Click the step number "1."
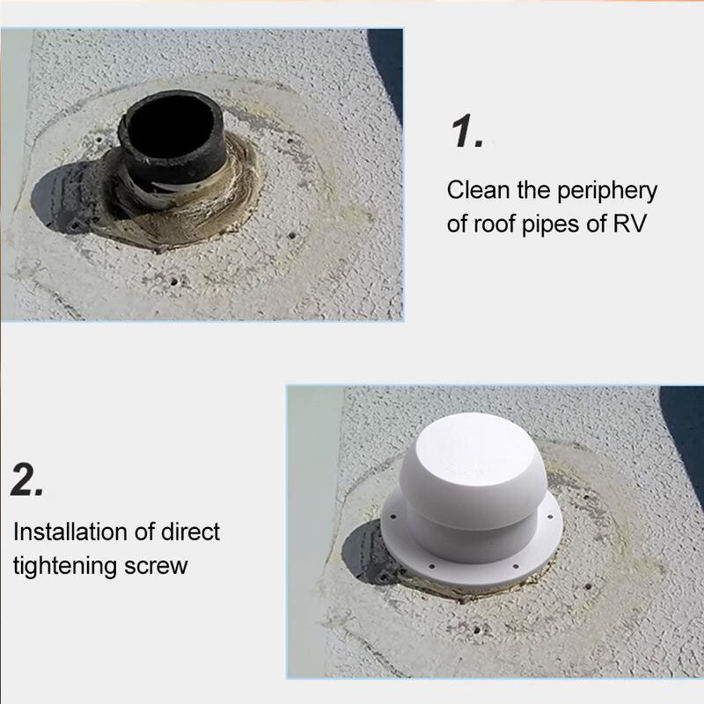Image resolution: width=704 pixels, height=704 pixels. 466,131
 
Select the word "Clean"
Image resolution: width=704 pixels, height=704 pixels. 477,190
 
